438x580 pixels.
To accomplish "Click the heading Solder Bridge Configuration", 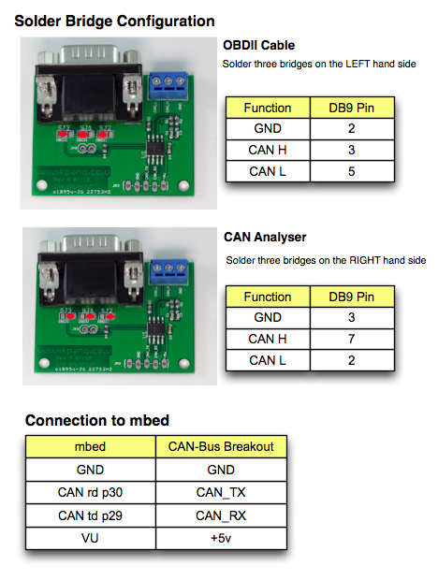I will pyautogui.click(x=114, y=20).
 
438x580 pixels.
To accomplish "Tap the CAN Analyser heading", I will pyautogui.click(x=265, y=237).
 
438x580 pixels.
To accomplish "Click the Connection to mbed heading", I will pyautogui.click(x=97, y=420).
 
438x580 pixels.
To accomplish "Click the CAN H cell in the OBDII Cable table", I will pyautogui.click(x=268, y=150).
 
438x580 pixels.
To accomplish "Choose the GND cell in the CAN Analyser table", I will pyautogui.click(x=268, y=318).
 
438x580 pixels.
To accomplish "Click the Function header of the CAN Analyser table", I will pyautogui.click(x=268, y=297).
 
